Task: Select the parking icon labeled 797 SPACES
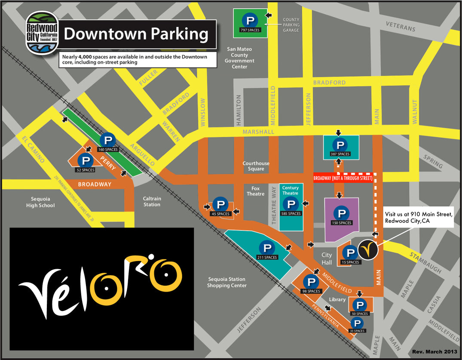pos(250,19)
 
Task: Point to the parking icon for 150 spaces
pos(342,212)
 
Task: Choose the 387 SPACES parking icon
pos(340,145)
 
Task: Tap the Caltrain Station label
pos(152,202)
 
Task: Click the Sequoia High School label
pos(43,202)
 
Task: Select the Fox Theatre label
pos(256,191)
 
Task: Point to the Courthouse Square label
pos(256,166)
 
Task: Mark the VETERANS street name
pos(401,26)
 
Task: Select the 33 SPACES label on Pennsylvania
pos(357,331)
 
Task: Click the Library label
pos(337,299)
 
